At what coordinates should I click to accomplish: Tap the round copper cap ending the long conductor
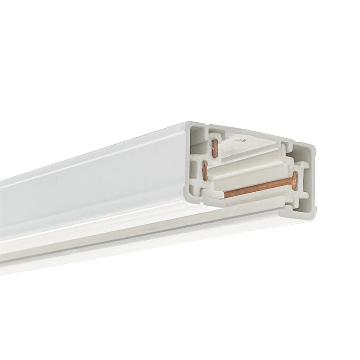[x=295, y=181]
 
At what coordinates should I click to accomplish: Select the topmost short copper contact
[x=215, y=148]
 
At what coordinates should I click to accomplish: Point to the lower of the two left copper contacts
[x=205, y=171]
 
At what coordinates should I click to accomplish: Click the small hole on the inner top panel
[x=238, y=140]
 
